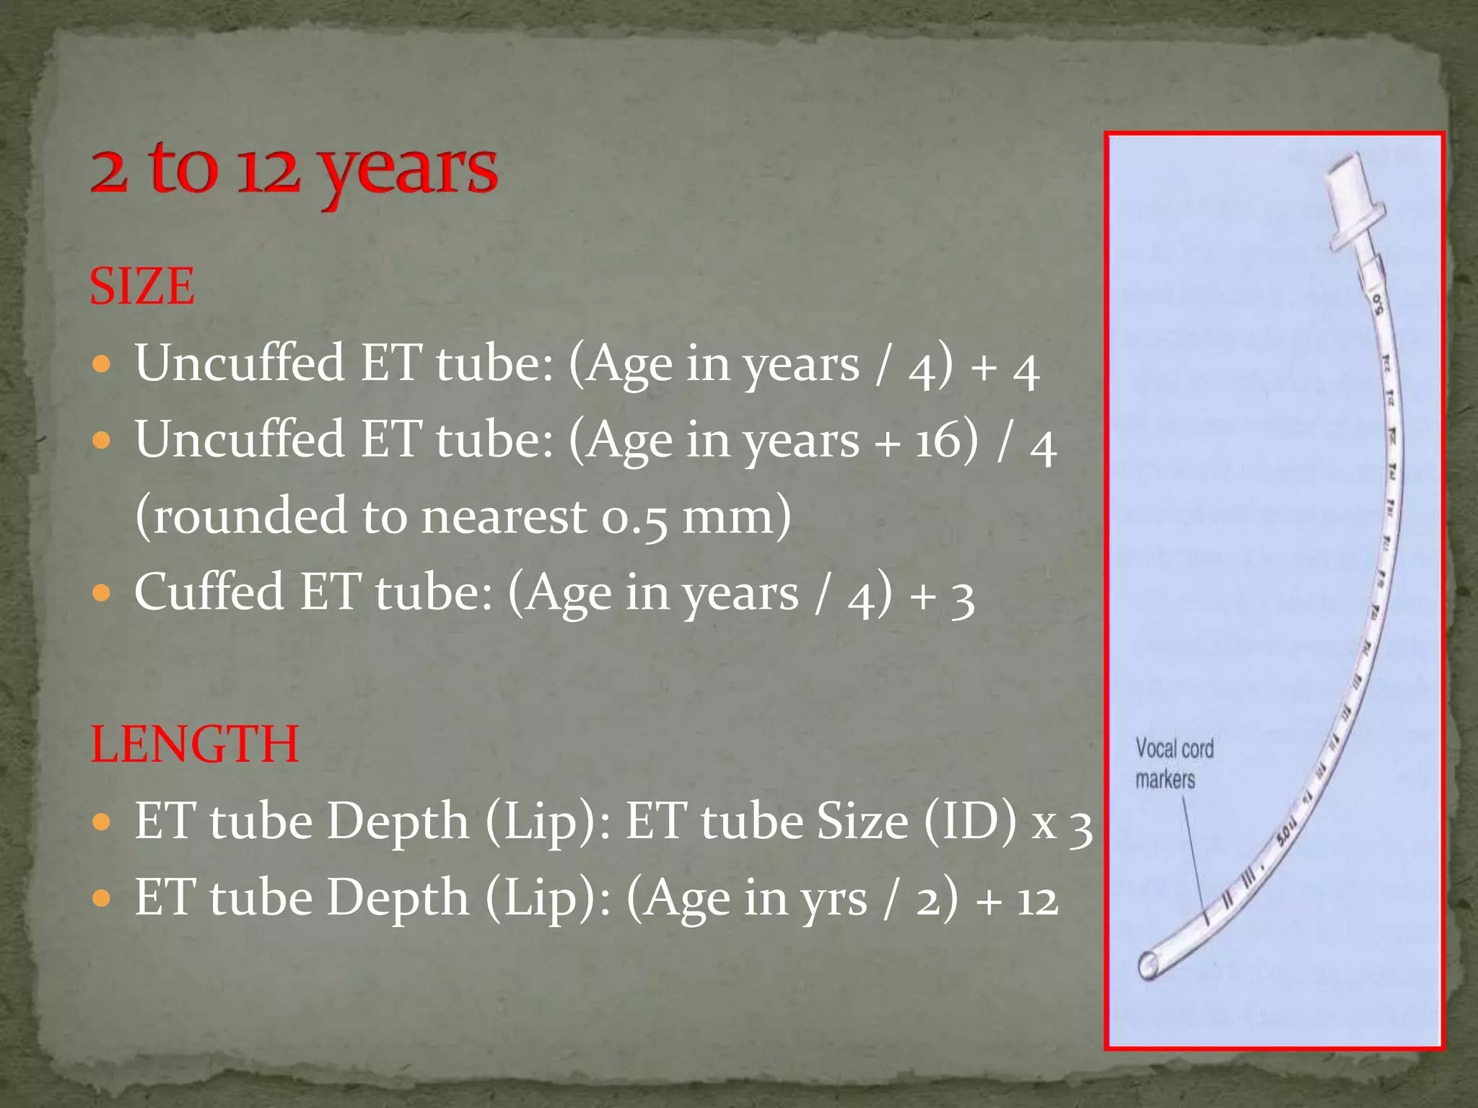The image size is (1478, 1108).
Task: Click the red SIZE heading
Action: point(142,286)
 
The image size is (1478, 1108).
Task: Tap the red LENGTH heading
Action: point(195,744)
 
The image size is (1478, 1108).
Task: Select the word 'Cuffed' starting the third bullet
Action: point(209,592)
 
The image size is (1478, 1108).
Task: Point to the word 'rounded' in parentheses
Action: point(250,516)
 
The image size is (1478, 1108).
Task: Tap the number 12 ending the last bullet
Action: point(1037,900)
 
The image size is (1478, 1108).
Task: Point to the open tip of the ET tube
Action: point(1147,965)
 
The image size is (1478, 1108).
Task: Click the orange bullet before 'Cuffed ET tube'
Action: point(102,593)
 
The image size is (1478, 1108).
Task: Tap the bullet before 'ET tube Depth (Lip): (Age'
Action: point(102,899)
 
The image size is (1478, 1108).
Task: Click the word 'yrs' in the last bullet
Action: point(833,900)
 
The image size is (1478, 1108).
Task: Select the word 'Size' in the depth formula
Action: point(862,822)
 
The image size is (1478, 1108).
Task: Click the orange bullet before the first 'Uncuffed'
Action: point(102,363)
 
